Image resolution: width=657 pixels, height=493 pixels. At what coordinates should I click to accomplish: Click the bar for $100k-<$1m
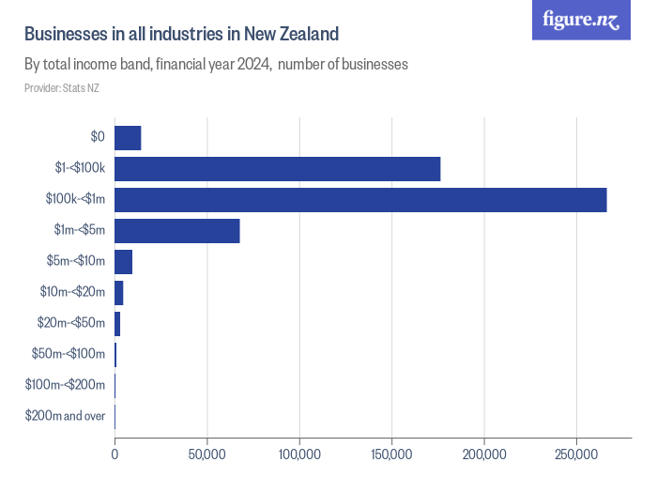tap(360, 200)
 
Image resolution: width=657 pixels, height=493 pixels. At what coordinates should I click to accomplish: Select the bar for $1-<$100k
tap(277, 169)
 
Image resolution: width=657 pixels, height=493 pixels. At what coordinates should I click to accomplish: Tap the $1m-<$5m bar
tap(176, 231)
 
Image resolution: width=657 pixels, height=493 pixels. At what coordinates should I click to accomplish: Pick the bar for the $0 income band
tap(128, 138)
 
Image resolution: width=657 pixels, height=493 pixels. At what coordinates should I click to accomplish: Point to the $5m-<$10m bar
tap(123, 262)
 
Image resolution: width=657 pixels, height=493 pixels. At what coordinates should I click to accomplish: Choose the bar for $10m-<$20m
tap(118, 293)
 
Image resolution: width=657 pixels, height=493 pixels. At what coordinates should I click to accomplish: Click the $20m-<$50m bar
tap(117, 324)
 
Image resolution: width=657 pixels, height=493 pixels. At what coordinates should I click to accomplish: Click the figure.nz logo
tap(581, 20)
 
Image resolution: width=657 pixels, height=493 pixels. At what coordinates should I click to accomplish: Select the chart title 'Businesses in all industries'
tap(180, 35)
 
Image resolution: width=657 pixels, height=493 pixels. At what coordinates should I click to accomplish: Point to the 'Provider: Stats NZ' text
tap(61, 88)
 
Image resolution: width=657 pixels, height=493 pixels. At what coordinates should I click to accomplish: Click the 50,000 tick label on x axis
tap(206, 454)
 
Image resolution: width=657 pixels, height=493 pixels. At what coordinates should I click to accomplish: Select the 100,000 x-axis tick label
tap(299, 454)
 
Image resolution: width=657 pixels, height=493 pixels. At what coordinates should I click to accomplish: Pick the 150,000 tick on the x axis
tap(391, 454)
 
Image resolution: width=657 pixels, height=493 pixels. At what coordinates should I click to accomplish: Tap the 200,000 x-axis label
tap(484, 454)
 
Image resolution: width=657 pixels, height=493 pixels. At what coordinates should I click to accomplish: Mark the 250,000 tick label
tap(576, 454)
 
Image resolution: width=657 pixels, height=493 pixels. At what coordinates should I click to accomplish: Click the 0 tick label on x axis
tap(115, 454)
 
